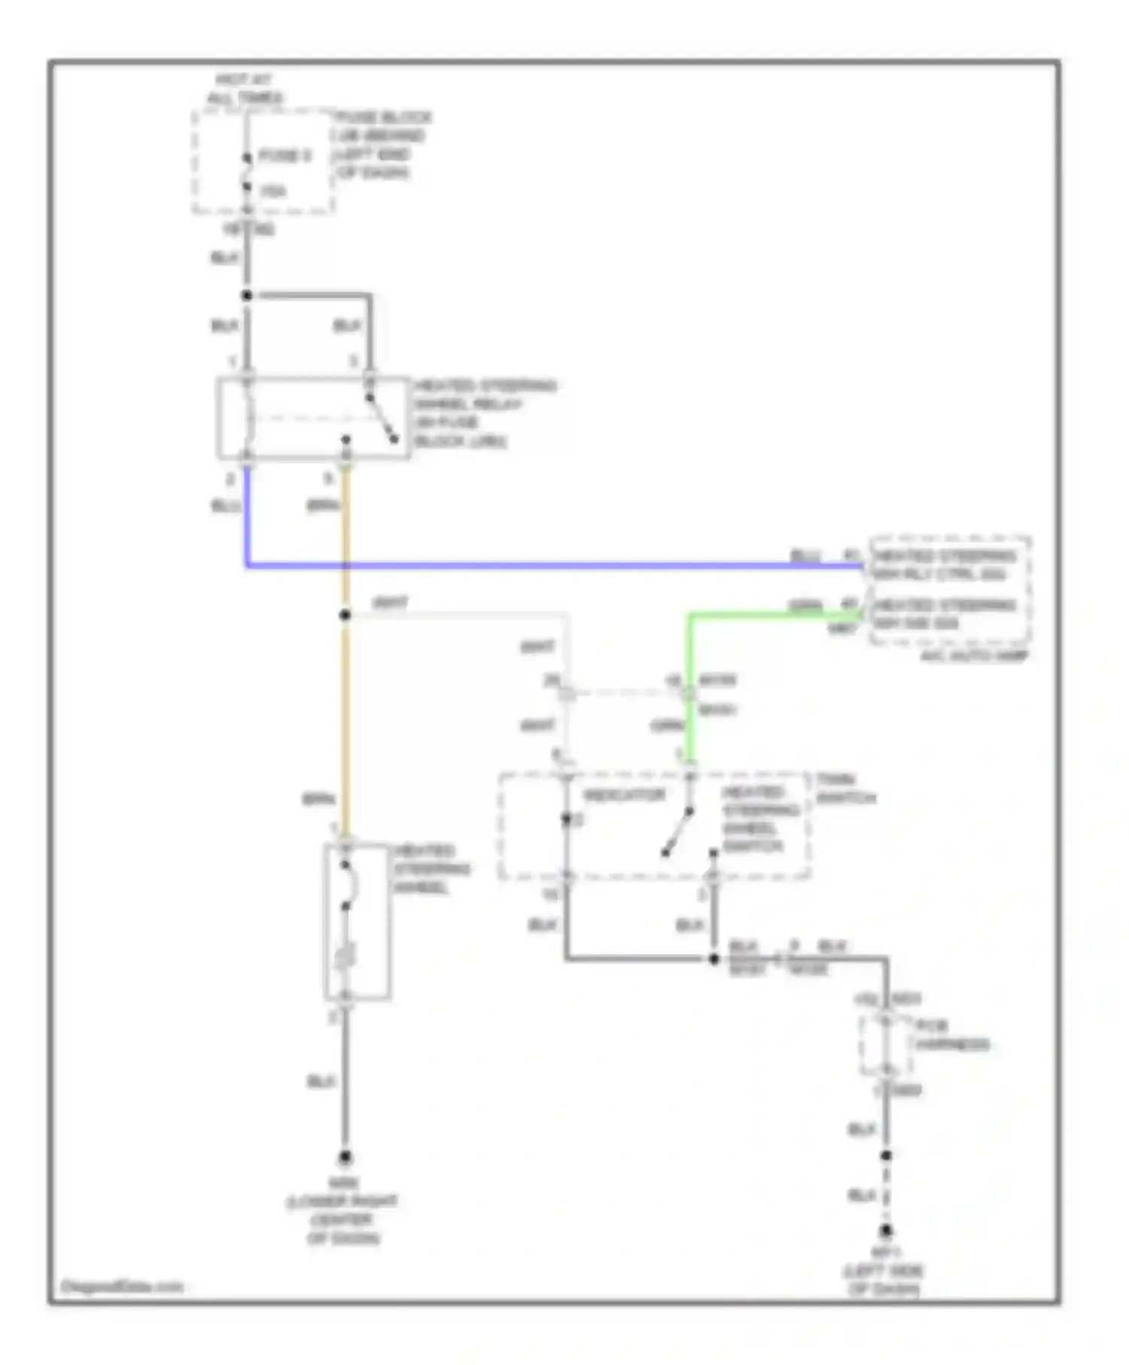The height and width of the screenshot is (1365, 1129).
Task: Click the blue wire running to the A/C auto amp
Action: (x=557, y=564)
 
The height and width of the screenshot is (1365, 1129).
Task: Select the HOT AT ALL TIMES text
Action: (x=244, y=89)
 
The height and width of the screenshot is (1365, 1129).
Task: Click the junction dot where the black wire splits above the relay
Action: (x=247, y=296)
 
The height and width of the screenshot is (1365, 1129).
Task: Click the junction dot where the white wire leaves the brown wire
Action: (x=345, y=616)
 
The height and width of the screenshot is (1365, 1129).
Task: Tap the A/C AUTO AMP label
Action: (x=974, y=655)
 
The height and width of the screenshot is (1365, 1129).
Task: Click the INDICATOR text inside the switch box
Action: (x=625, y=795)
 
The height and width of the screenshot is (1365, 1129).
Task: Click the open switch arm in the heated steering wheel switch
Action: (x=677, y=831)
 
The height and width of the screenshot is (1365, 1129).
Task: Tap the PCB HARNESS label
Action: (x=951, y=1035)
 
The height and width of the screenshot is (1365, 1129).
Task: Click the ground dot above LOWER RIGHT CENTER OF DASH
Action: (x=345, y=1157)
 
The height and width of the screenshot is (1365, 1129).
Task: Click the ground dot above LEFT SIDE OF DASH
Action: (x=887, y=1231)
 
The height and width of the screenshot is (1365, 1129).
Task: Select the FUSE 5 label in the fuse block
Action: (x=285, y=156)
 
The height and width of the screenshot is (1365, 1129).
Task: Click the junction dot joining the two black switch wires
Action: (x=714, y=959)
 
